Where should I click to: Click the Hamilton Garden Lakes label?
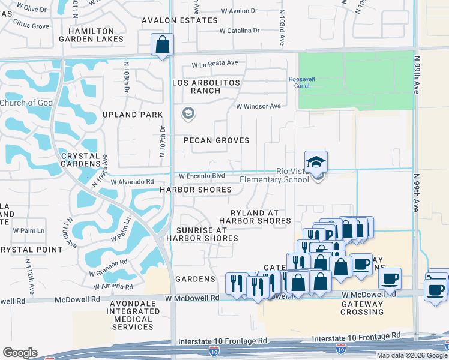(x=95, y=35)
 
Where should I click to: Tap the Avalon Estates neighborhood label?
(x=179, y=20)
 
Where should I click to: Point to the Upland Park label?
(x=133, y=114)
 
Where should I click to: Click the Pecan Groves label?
(x=216, y=140)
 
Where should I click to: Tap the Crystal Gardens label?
(x=80, y=160)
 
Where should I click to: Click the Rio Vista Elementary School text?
(x=275, y=175)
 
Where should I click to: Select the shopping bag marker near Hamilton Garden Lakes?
(x=162, y=44)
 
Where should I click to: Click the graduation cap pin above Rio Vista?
(x=316, y=161)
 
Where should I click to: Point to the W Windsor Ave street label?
(x=258, y=106)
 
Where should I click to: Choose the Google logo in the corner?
(x=20, y=353)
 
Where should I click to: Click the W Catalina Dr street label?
(x=239, y=30)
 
